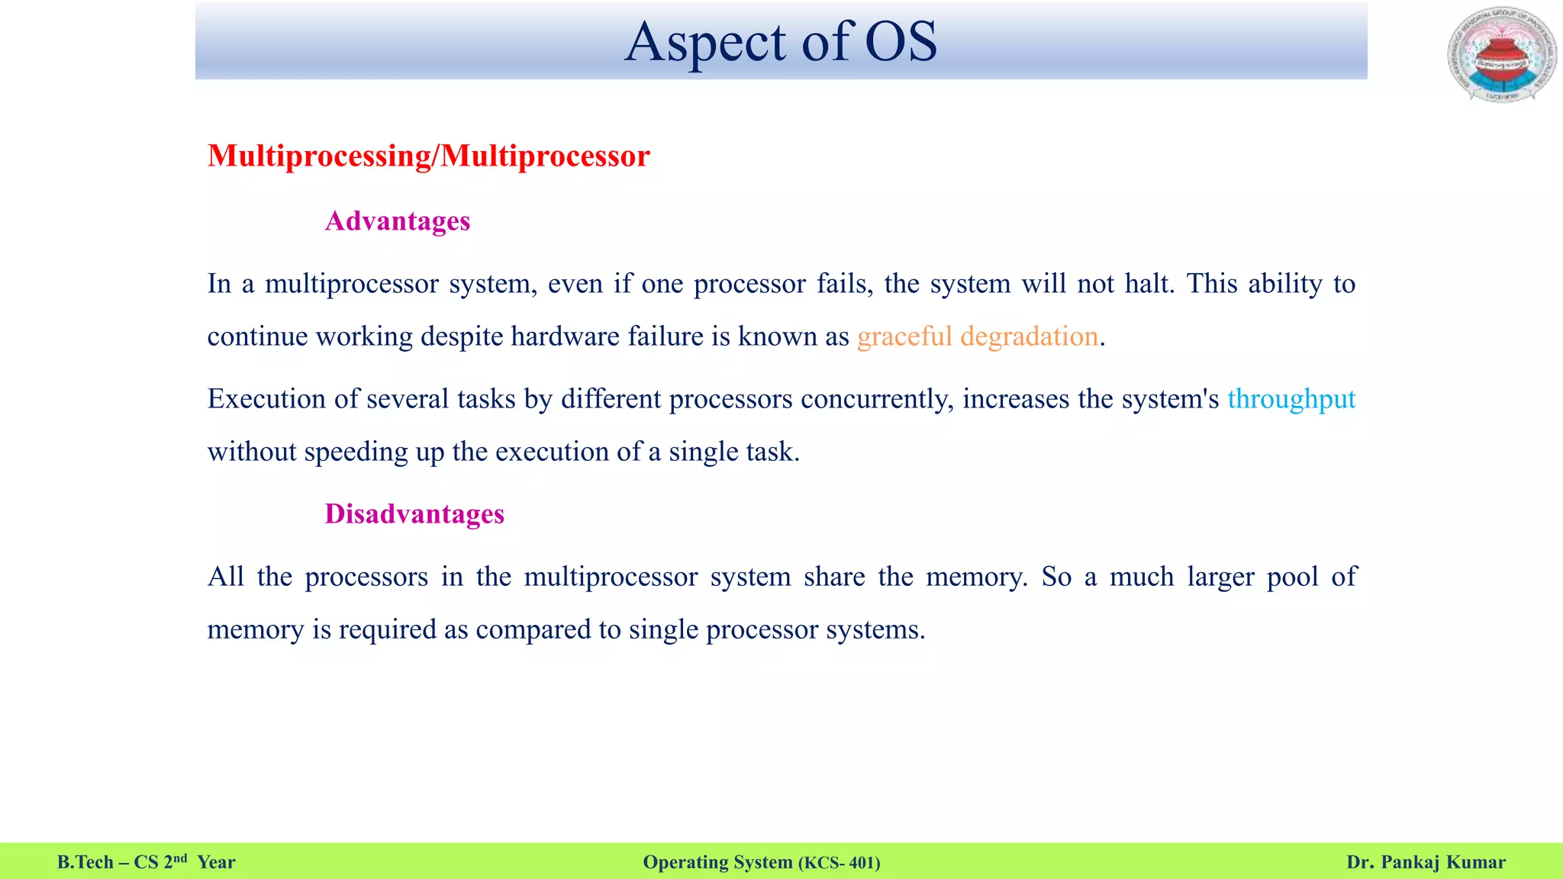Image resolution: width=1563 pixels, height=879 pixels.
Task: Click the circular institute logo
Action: (x=1501, y=55)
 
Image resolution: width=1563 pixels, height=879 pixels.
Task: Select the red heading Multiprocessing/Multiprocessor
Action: (x=428, y=156)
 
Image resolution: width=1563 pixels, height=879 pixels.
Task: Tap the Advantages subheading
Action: (x=398, y=221)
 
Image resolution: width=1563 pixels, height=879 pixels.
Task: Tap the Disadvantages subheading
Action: (x=414, y=514)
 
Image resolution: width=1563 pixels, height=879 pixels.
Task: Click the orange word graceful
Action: (x=904, y=336)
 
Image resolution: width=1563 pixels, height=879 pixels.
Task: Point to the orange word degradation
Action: (x=1029, y=336)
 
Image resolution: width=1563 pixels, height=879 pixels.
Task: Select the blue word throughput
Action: (x=1291, y=399)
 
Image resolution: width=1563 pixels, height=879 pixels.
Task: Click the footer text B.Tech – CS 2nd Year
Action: (x=146, y=862)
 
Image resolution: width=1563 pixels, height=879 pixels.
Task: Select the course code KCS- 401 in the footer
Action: (x=840, y=863)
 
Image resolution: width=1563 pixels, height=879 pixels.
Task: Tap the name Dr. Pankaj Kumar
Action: (x=1426, y=862)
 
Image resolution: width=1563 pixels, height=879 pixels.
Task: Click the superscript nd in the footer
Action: (x=180, y=858)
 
